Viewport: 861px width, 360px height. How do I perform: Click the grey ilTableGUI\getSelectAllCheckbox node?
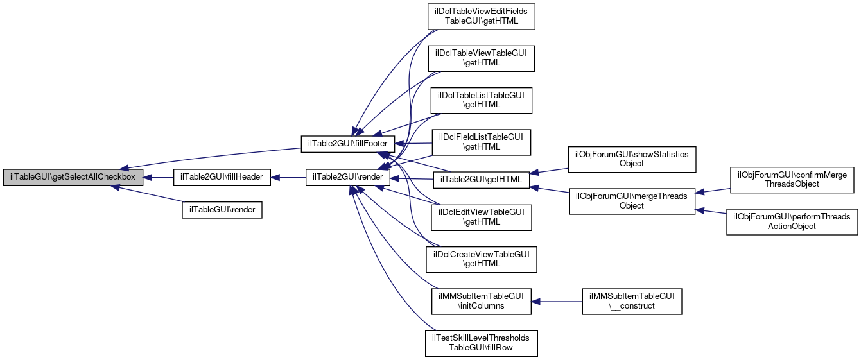click(73, 176)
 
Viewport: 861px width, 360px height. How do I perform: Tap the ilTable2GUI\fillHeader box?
click(222, 176)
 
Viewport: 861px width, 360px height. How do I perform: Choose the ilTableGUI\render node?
click(222, 209)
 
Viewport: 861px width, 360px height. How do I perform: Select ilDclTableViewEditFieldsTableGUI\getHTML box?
click(482, 17)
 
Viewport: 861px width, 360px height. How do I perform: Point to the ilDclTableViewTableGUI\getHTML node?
click(482, 58)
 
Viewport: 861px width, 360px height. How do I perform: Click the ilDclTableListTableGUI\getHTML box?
click(482, 99)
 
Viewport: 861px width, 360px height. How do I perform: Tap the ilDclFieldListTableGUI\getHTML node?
click(482, 141)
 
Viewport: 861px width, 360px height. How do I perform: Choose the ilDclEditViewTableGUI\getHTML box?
click(482, 216)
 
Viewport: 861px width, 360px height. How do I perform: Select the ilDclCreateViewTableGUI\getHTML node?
click(482, 259)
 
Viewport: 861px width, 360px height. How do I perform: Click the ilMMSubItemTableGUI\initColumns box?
click(482, 301)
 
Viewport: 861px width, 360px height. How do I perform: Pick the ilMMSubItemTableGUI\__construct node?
click(632, 301)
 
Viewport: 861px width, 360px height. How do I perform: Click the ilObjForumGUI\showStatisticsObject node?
click(632, 158)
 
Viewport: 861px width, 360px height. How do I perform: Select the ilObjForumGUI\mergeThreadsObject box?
click(632, 200)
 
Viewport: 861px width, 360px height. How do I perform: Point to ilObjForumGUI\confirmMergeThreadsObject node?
click(791, 179)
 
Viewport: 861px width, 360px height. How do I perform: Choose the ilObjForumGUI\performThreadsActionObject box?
click(791, 221)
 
